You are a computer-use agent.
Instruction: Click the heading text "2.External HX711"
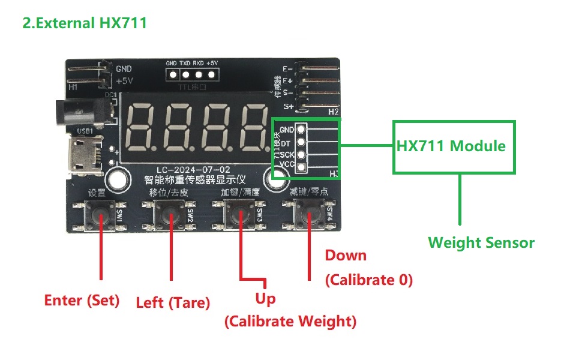tap(85, 23)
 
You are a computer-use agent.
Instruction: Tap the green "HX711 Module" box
tap(453, 146)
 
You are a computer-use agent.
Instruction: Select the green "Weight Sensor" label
tap(481, 243)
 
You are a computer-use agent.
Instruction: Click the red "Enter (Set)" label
tap(82, 300)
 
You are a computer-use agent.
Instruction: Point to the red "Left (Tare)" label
tap(173, 303)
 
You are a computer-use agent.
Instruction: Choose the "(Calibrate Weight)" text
tap(290, 322)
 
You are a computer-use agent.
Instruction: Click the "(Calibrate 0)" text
tap(368, 280)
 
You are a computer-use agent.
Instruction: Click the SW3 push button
tap(239, 213)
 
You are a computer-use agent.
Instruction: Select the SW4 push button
tap(308, 213)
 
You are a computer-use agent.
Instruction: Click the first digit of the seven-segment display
tap(146, 128)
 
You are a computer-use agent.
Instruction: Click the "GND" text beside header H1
tap(124, 69)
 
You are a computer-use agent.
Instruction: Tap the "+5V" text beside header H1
tap(124, 81)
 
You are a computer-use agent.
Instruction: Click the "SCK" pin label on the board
tap(287, 154)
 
